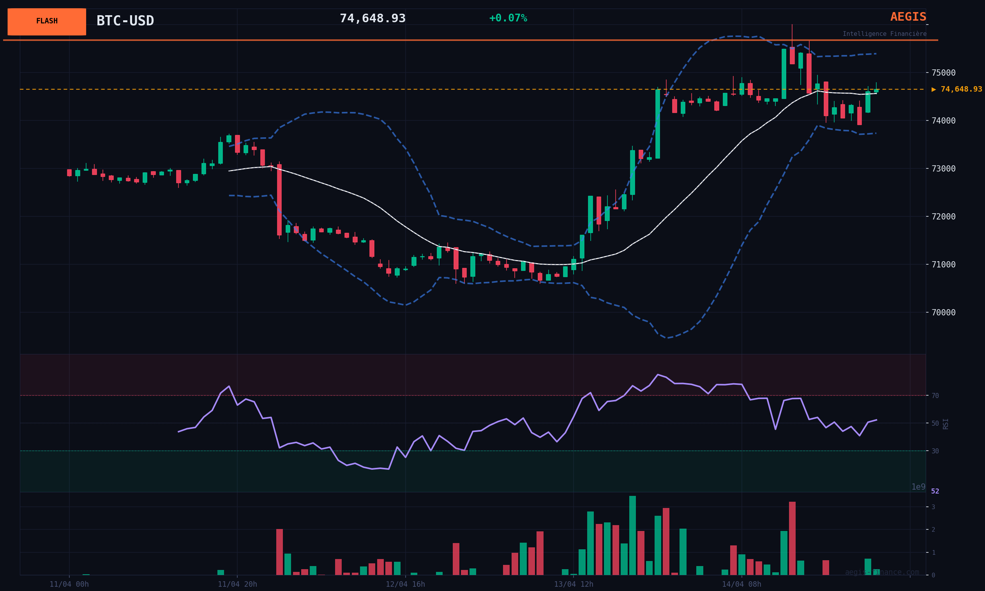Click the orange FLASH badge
coord(47,21)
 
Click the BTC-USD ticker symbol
coord(125,21)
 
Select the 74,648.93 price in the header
coord(372,18)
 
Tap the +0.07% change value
coord(508,18)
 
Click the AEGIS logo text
coord(908,17)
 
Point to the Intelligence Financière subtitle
coord(884,34)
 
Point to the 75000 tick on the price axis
coord(943,73)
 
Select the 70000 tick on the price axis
coord(943,312)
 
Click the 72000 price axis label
coord(943,216)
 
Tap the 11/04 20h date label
coord(237,584)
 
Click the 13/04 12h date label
coord(574,584)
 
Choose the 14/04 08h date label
coord(741,584)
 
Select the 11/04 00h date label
coord(69,584)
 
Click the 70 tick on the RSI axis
coord(935,396)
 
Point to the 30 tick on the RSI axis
coord(935,451)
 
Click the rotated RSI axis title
coord(946,424)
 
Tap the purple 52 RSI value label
coord(935,492)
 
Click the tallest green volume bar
coord(632,535)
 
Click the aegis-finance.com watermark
coord(882,572)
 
